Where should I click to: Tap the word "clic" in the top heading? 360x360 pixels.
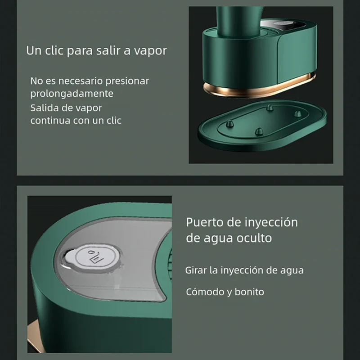tap(54, 50)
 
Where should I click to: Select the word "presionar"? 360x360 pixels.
tap(127, 81)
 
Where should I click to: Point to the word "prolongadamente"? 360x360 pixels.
tap(72, 94)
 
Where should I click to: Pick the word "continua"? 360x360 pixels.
tap(49, 121)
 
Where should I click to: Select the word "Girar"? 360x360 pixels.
tap(196, 270)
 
